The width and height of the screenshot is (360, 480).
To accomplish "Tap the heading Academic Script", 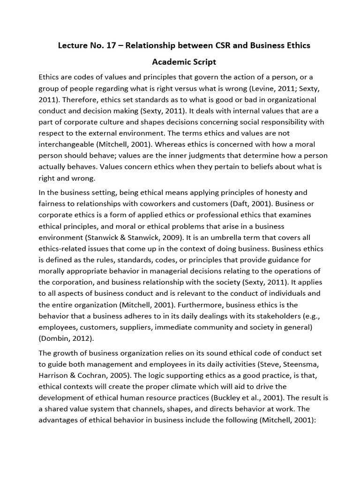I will (x=184, y=62).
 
